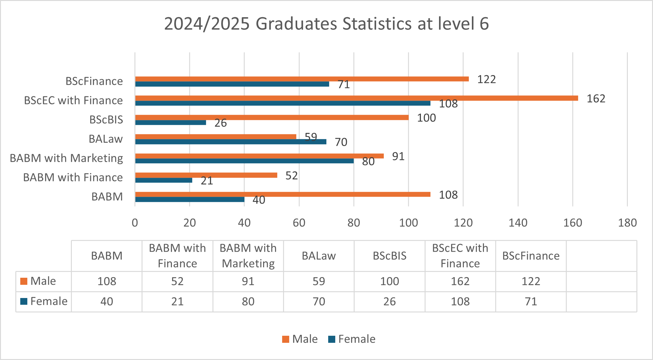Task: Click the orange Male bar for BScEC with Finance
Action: coord(356,98)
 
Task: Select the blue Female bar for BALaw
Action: coord(231,142)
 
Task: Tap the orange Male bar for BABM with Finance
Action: coord(206,175)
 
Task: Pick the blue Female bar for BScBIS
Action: coord(170,123)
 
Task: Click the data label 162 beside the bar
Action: coord(596,99)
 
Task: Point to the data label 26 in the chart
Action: coord(220,123)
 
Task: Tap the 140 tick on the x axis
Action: coord(518,223)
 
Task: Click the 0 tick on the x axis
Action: coord(135,223)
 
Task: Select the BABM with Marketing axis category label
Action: coord(66,158)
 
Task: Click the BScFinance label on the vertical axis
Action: coord(94,81)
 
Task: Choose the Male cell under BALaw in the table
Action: coord(319,281)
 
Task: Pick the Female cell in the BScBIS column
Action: coord(389,302)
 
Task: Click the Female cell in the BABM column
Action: coord(107,302)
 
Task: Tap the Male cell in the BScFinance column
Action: coord(531,281)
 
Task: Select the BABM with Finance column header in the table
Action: coord(177,256)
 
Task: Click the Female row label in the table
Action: coord(49,301)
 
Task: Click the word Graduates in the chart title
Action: coord(296,24)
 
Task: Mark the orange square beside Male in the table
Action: coord(24,281)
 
